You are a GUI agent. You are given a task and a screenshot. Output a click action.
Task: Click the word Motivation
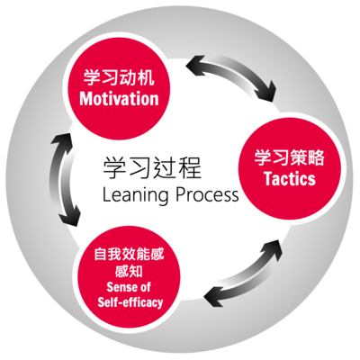[119, 99]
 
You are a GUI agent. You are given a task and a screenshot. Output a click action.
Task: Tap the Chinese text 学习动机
[119, 77]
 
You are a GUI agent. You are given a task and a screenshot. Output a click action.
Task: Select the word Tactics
[290, 178]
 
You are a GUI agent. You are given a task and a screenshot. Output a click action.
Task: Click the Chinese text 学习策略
[290, 157]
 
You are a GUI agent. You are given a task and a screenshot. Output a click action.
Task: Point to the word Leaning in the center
[136, 195]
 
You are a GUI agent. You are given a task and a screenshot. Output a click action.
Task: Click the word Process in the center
[207, 194]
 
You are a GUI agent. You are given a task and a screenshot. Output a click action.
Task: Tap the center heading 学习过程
[152, 167]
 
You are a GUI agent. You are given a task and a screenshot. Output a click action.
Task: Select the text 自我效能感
[129, 255]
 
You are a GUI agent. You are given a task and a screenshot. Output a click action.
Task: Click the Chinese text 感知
[129, 271]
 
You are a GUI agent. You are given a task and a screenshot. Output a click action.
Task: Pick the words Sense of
[129, 287]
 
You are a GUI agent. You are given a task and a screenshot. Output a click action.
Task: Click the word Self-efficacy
[130, 302]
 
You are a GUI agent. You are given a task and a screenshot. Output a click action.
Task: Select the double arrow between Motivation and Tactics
[232, 73]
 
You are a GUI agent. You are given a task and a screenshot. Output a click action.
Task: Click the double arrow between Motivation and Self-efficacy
[62, 179]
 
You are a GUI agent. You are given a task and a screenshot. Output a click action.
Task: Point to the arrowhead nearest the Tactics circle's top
[267, 92]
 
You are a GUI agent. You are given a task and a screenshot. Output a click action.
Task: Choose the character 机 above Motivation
[147, 77]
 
